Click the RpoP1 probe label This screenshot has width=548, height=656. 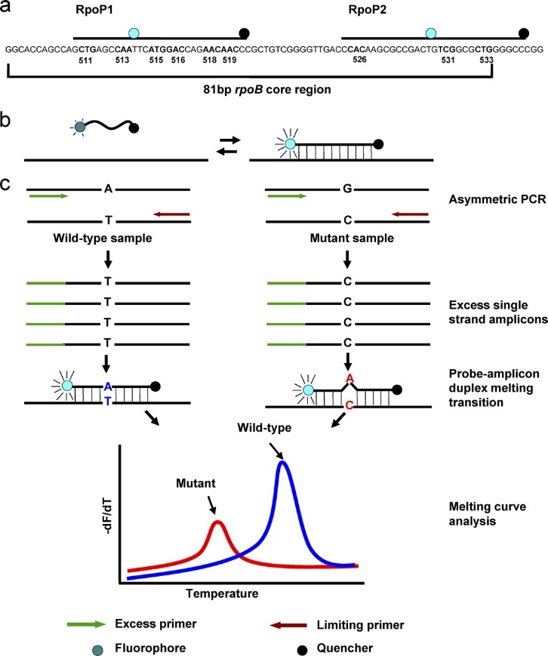pyautogui.click(x=94, y=10)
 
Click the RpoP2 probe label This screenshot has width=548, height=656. pyautogui.click(x=368, y=10)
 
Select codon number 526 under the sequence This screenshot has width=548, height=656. pyautogui.click(x=360, y=60)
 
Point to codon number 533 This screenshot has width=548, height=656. pyautogui.click(x=487, y=60)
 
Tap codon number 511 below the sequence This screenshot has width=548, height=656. pyautogui.click(x=85, y=60)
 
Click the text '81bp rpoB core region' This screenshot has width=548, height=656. pyautogui.click(x=267, y=90)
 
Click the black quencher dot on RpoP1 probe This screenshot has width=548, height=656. pyautogui.click(x=244, y=33)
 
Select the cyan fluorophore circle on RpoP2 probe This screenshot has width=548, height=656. pyautogui.click(x=430, y=33)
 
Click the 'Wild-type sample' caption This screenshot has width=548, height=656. pyautogui.click(x=103, y=238)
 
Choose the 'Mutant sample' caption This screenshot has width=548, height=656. pyautogui.click(x=352, y=238)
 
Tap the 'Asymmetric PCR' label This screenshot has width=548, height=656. pyautogui.click(x=497, y=199)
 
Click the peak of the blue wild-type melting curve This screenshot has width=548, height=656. pyautogui.click(x=283, y=461)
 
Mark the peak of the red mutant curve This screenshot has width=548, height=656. pyautogui.click(x=217, y=522)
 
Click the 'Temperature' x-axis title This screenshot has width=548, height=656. pyautogui.click(x=222, y=593)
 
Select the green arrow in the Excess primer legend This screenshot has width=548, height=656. pyautogui.click(x=87, y=624)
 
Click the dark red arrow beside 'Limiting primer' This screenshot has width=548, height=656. pyautogui.click(x=288, y=626)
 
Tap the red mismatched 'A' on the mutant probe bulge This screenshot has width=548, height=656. pyautogui.click(x=349, y=379)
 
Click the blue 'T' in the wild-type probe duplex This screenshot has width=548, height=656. pyautogui.click(x=108, y=401)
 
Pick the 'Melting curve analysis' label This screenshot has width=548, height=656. pyautogui.click(x=488, y=514)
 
